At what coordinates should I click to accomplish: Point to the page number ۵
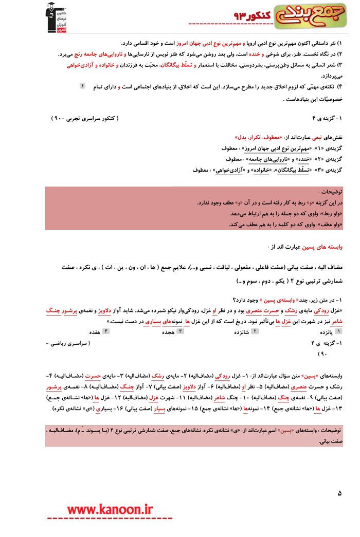339,494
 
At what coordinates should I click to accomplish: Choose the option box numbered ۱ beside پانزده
336,332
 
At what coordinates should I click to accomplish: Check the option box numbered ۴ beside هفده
106,332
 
